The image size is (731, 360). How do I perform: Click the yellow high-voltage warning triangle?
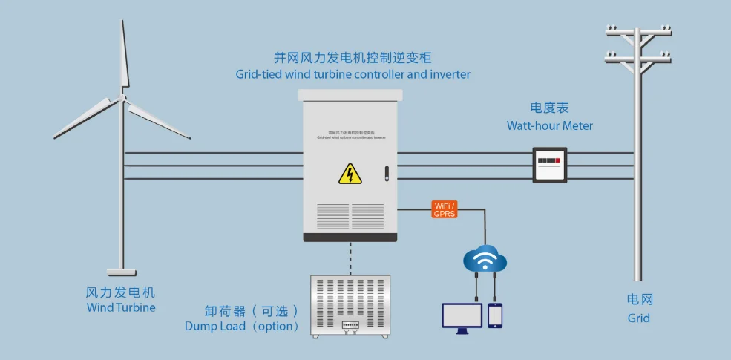click(x=350, y=174)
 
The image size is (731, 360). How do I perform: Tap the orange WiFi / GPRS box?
click(x=445, y=209)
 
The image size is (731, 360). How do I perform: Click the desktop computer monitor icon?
click(x=462, y=316)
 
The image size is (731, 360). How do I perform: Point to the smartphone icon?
click(x=495, y=315)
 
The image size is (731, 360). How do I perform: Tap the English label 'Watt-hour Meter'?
click(x=550, y=125)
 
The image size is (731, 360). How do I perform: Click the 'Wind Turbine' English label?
click(x=121, y=307)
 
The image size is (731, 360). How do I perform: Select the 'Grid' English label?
click(x=638, y=318)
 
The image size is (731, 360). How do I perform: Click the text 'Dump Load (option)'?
click(x=242, y=326)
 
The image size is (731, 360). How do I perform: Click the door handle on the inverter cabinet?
click(x=387, y=174)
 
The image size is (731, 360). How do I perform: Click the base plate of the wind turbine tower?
click(x=122, y=272)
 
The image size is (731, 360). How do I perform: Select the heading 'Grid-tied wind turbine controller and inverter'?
click(x=353, y=74)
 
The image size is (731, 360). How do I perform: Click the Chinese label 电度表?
click(x=549, y=108)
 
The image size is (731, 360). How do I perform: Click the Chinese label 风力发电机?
click(x=121, y=292)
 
